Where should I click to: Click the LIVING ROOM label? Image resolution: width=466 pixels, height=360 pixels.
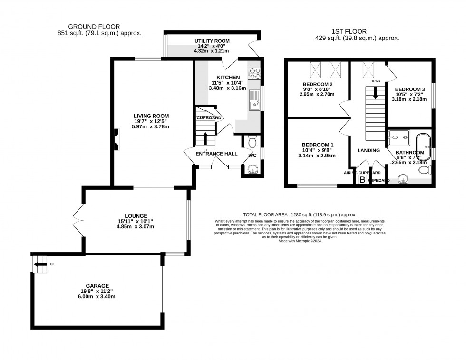click(151, 116)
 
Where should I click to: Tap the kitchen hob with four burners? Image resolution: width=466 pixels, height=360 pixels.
click(254, 74)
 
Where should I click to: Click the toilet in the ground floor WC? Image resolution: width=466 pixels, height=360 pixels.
click(252, 142)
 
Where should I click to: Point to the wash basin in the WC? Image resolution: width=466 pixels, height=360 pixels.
click(252, 169)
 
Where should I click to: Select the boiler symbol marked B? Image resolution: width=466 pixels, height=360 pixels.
click(362, 180)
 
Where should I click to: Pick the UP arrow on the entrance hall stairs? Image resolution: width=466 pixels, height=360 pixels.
click(205, 138)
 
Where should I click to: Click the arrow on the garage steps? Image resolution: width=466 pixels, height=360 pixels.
click(41, 264)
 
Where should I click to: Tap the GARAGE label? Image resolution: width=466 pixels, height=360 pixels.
click(97, 286)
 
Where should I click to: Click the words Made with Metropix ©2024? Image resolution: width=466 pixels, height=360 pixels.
click(299, 241)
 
